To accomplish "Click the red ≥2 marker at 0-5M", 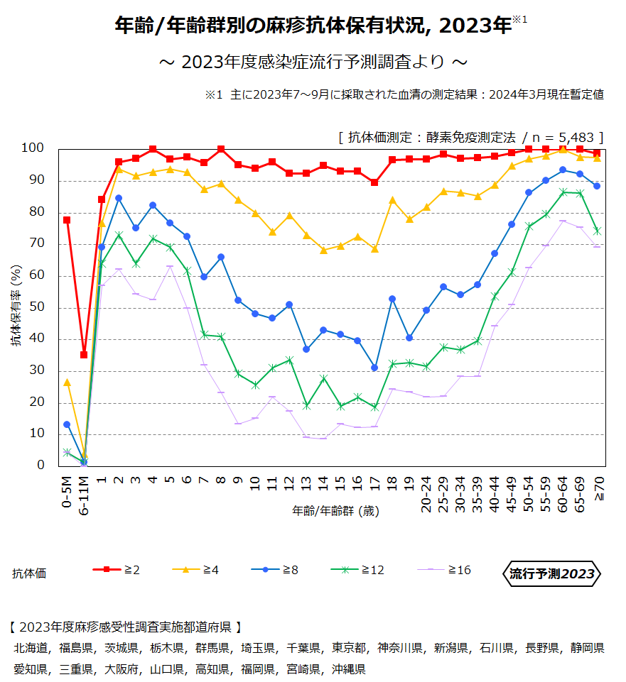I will [67, 220].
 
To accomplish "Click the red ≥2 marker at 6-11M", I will [84, 355].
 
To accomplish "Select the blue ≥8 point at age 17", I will [374, 368].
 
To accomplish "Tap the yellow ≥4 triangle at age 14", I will [323, 250].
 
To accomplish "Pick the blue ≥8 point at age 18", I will [392, 299].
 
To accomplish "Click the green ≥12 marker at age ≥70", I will [597, 231].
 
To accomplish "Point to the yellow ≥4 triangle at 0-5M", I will [67, 382].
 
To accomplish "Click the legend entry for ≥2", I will [117, 570].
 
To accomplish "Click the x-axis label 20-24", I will [426, 494].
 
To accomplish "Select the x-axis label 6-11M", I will [84, 494].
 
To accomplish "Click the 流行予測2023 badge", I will [551, 574].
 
